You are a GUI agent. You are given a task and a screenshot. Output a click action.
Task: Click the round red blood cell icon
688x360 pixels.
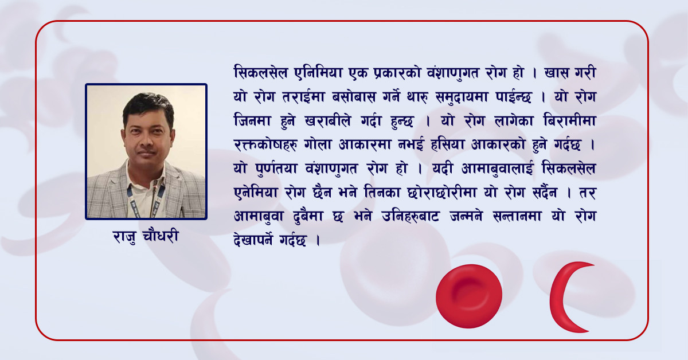[x=468, y=296]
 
